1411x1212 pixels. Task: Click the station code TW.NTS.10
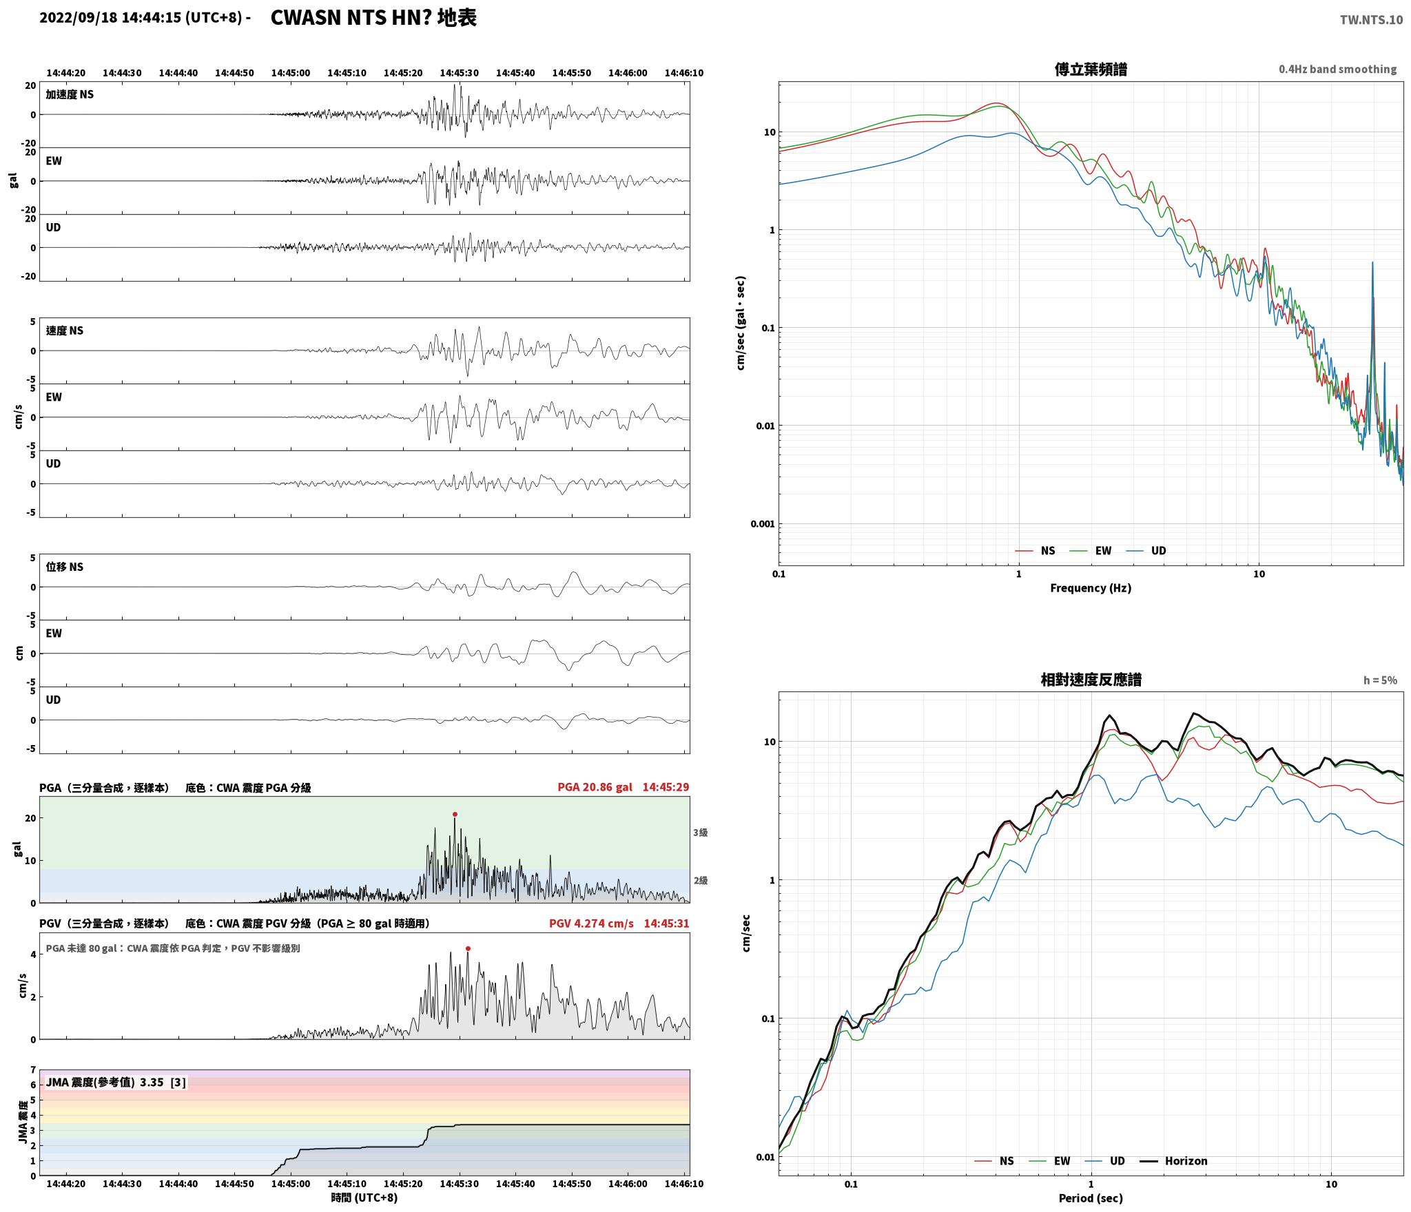tap(1371, 19)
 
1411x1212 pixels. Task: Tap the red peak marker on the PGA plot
tap(455, 814)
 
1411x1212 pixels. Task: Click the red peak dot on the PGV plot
tap(468, 948)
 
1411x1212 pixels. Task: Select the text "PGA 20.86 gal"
tap(595, 787)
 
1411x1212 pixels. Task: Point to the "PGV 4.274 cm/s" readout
tap(591, 923)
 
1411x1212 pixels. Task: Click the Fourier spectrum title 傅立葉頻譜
tap(1091, 69)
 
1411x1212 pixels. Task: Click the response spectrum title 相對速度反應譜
tap(1091, 680)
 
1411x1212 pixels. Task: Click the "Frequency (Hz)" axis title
tap(1091, 587)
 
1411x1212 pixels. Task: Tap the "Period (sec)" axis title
tap(1091, 1198)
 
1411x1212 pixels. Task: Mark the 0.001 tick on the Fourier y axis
tap(763, 524)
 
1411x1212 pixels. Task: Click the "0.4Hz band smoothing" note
tap(1337, 69)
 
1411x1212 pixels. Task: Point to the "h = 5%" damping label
tap(1380, 680)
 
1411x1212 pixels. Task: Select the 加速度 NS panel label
tap(70, 94)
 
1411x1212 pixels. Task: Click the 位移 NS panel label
tap(65, 567)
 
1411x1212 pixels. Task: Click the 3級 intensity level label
tap(700, 833)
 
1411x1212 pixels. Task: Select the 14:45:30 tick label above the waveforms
tap(459, 73)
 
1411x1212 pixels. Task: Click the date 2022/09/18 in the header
tap(79, 18)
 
